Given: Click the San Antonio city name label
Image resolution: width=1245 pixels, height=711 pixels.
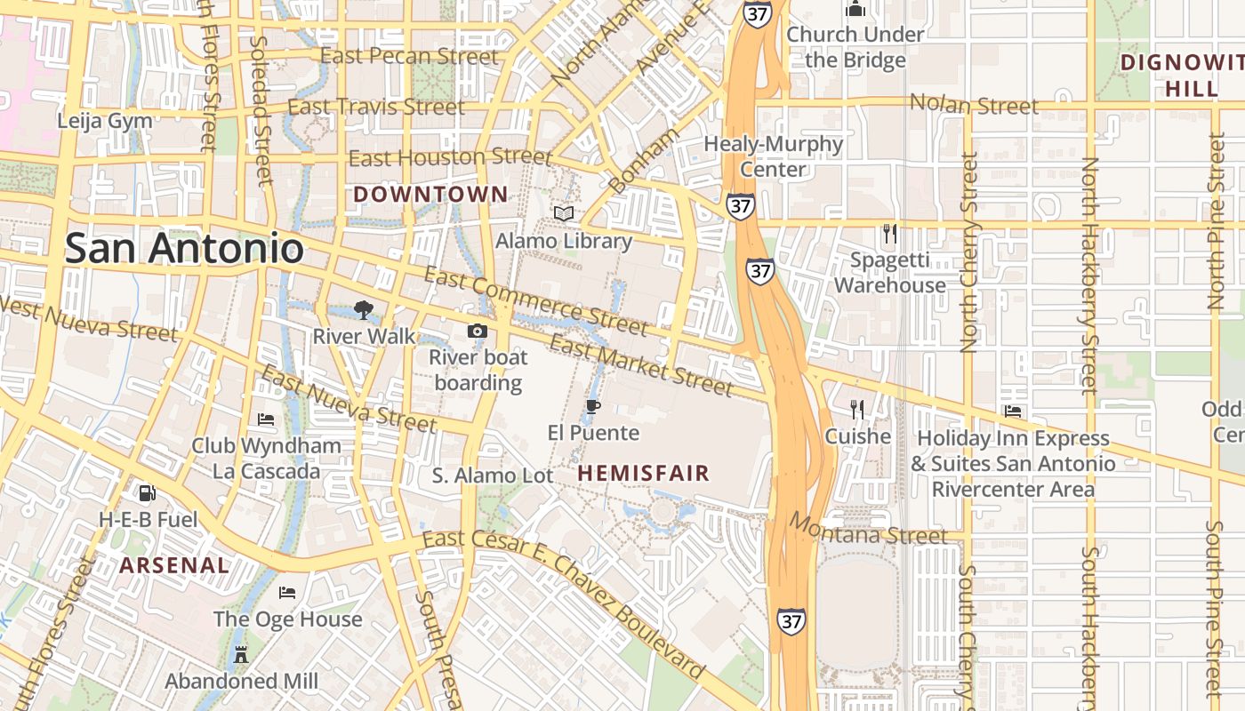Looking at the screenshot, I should (x=184, y=248).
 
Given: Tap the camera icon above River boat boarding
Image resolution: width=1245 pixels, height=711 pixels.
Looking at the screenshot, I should (x=478, y=332).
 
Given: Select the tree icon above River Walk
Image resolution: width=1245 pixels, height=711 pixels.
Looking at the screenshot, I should (x=363, y=310).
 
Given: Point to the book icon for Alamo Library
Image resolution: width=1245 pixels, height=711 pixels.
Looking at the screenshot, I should (x=564, y=213).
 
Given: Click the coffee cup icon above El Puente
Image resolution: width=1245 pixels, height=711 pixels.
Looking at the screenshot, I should (x=593, y=407).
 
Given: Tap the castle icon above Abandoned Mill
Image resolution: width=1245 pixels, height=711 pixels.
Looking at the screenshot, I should (x=240, y=655).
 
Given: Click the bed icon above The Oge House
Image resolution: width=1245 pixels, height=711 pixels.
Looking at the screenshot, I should (x=287, y=593).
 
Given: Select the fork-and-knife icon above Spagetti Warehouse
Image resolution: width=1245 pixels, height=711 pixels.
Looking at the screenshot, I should (x=889, y=234).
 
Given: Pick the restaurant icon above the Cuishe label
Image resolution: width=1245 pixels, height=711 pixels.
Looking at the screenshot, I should (x=857, y=410).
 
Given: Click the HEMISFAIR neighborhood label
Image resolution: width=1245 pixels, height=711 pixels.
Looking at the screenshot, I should (x=644, y=474).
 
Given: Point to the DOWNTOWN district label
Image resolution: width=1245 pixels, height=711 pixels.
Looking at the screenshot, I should (x=431, y=194).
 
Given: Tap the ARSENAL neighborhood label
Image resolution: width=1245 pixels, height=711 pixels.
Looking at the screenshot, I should (x=174, y=565).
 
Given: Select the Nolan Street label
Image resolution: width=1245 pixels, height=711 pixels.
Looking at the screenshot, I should (x=974, y=105).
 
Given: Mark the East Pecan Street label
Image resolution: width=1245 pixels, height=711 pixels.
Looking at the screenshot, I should (x=409, y=56).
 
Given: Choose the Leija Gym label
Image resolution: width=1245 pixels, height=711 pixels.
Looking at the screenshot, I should (x=105, y=121).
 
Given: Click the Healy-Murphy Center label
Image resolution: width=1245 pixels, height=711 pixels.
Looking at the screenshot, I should (x=773, y=156).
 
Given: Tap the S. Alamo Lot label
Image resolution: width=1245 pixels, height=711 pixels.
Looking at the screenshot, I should (x=493, y=475).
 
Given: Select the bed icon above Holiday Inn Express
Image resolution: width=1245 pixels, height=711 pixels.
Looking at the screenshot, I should (x=1012, y=411).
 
